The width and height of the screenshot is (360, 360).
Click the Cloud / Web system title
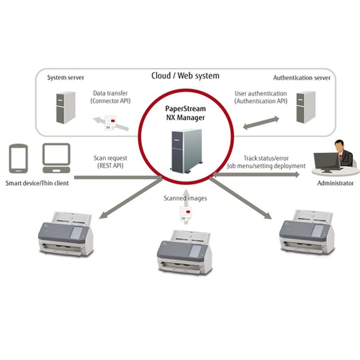pyautogui.click(x=185, y=76)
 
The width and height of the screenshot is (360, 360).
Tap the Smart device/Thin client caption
pyautogui.click(x=37, y=183)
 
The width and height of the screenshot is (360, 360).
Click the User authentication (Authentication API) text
pyautogui.click(x=261, y=97)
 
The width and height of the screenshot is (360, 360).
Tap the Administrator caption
pyautogui.click(x=335, y=183)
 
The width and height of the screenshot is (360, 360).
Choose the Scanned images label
pyautogui.click(x=185, y=198)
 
